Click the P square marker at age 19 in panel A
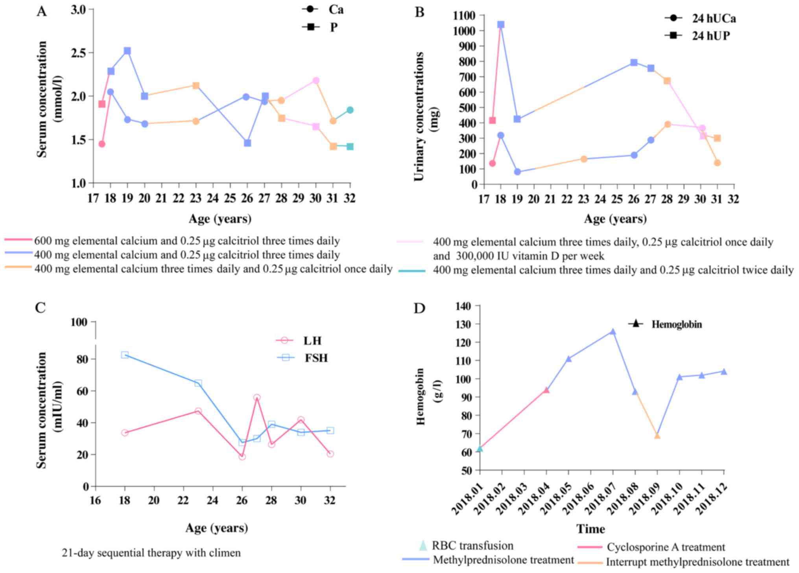pos(127,51)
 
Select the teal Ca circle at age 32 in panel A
pos(350,110)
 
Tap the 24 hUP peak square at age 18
pos(501,25)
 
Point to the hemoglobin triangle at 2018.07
pos(613,332)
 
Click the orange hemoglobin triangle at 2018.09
pos(657,436)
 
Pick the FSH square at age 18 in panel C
pos(125,355)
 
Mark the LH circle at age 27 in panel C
pos(257,398)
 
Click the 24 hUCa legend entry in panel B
pos(700,18)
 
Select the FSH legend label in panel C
pos(316,358)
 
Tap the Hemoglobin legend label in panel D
pos(677,324)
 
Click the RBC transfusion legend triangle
pos(423,545)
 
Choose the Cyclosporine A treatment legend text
pos(666,547)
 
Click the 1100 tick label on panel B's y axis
pos(464,15)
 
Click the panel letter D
pos(419,308)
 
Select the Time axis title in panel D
pos(590,529)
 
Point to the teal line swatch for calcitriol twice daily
pos(412,271)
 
